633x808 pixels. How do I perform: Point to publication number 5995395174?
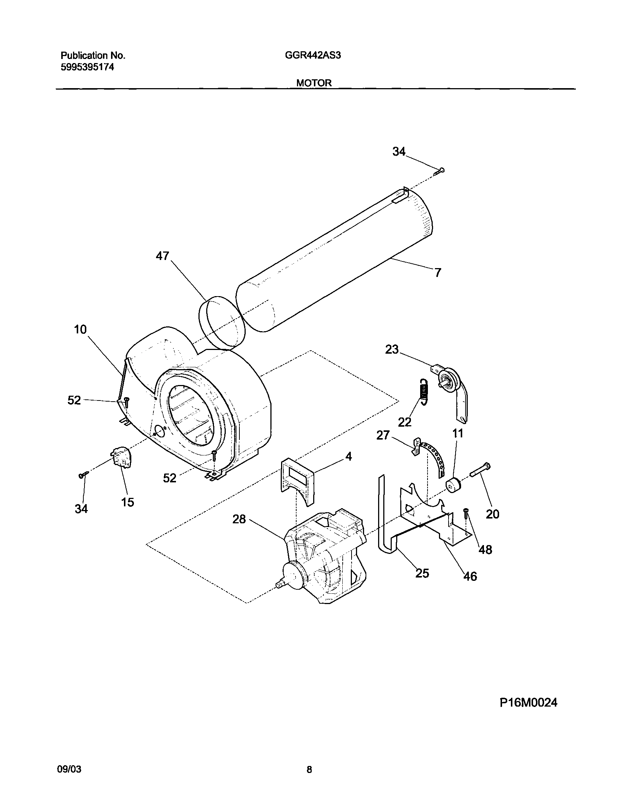87,67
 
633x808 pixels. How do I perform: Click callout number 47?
162,256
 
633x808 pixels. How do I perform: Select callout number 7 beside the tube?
438,273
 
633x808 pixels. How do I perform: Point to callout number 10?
80,329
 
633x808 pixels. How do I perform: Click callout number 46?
470,576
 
